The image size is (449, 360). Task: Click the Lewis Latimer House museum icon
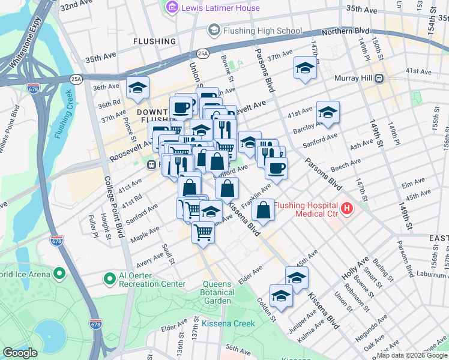(x=172, y=8)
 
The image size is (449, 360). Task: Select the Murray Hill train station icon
(x=379, y=78)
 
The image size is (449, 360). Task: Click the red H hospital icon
(x=346, y=209)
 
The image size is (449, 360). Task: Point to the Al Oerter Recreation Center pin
(x=109, y=278)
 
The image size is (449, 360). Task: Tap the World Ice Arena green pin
(x=59, y=274)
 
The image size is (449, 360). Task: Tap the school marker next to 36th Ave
(x=137, y=87)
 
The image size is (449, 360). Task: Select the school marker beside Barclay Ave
(x=328, y=112)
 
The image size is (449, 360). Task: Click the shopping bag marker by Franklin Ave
(x=263, y=210)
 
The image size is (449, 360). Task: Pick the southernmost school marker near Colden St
(x=281, y=296)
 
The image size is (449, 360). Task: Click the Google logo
(x=20, y=353)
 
